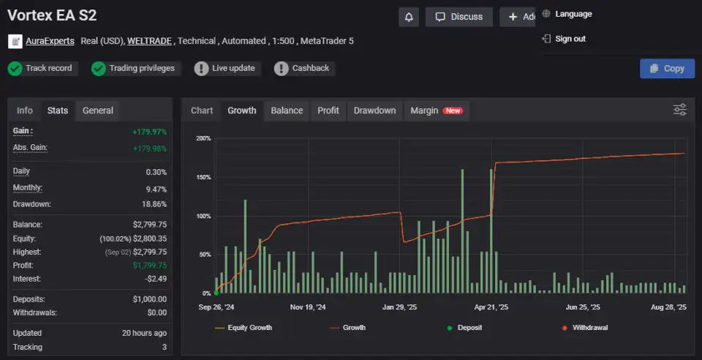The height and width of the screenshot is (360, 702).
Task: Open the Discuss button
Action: click(459, 17)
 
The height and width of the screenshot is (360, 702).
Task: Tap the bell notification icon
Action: click(409, 17)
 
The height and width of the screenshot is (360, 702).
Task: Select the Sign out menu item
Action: click(570, 39)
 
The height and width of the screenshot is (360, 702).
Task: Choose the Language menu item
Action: click(573, 14)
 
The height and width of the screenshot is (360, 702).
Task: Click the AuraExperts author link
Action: click(50, 41)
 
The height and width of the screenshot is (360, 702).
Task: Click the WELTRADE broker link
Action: click(150, 41)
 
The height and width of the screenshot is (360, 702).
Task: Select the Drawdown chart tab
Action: click(374, 110)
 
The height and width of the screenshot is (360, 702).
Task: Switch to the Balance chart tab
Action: click(287, 110)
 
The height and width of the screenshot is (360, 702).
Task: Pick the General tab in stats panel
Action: click(98, 110)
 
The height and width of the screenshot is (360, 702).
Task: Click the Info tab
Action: click(25, 110)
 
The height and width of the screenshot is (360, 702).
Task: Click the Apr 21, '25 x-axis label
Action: click(491, 308)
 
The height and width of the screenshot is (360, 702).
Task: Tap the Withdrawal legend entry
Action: click(589, 328)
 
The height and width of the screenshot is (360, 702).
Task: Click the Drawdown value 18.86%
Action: click(153, 204)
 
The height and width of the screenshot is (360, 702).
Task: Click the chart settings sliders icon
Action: click(680, 110)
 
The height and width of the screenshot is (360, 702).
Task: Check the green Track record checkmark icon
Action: click(15, 68)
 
